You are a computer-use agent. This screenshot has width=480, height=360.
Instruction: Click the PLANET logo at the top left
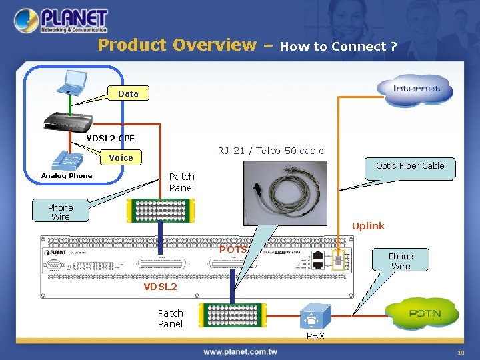pyautogui.click(x=61, y=21)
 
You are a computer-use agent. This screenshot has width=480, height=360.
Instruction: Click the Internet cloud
pyautogui.click(x=416, y=89)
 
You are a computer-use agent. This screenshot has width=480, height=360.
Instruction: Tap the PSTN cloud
pyautogui.click(x=424, y=313)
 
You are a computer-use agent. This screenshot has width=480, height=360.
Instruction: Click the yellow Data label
pyautogui.click(x=128, y=94)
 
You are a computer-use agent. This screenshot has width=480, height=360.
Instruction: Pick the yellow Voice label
pyautogui.click(x=121, y=157)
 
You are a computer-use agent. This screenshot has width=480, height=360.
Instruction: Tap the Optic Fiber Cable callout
pyautogui.click(x=409, y=166)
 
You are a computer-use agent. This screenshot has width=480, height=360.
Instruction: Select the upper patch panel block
pyautogui.click(x=160, y=209)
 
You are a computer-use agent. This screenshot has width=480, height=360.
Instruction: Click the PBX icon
pyautogui.click(x=313, y=316)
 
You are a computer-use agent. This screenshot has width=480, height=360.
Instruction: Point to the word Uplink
pyautogui.click(x=368, y=226)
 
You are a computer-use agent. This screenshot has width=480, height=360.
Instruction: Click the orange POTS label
pyautogui.click(x=233, y=249)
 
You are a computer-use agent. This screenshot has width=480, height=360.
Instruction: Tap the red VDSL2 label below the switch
pyautogui.click(x=160, y=287)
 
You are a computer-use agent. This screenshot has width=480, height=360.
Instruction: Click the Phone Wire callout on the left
pyautogui.click(x=60, y=212)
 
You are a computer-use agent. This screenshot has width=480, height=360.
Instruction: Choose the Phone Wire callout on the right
pyautogui.click(x=400, y=261)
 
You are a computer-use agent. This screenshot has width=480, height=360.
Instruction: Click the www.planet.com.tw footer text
pyautogui.click(x=240, y=351)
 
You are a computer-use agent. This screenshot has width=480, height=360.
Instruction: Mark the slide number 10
pyautogui.click(x=460, y=352)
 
